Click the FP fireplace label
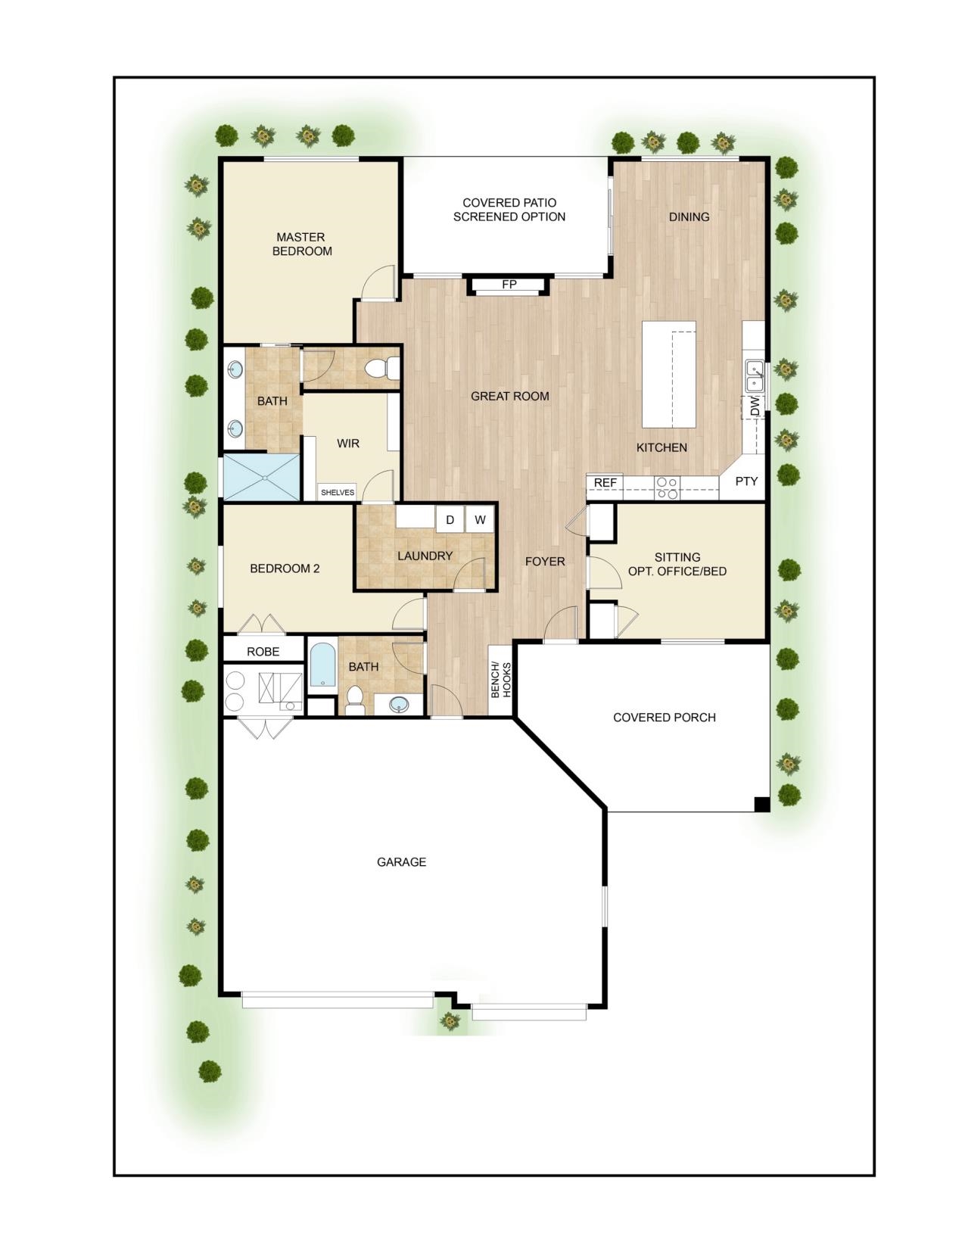point(509,284)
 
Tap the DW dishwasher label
point(755,407)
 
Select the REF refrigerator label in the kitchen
point(605,483)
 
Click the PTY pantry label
point(746,481)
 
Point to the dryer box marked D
point(450,519)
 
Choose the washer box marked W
point(480,519)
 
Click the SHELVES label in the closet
point(338,493)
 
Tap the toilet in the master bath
point(383,369)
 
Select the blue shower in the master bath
point(262,476)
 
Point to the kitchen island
point(668,374)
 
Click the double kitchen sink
point(755,376)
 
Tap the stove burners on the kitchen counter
point(668,488)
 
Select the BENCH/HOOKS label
point(500,681)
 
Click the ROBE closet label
point(263,651)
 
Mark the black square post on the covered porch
point(761,804)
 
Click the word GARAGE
point(401,861)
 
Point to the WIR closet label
point(347,443)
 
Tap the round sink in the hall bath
point(400,704)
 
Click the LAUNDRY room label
point(425,556)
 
